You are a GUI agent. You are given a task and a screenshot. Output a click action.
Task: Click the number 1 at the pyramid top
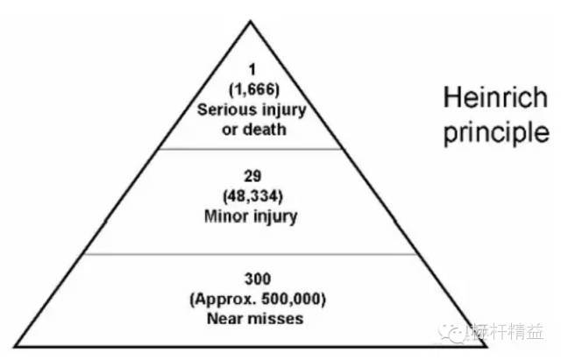(x=252, y=69)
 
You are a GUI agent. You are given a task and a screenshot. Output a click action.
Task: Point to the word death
(x=265, y=129)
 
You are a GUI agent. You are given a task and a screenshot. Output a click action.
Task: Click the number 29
(x=252, y=176)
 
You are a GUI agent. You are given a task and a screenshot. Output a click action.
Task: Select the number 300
(x=258, y=279)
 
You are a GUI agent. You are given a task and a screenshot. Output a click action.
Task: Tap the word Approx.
(x=224, y=300)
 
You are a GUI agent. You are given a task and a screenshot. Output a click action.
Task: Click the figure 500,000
(x=291, y=299)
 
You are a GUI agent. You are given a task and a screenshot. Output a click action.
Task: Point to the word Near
(x=224, y=319)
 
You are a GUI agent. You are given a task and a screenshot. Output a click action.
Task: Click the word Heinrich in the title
(x=496, y=97)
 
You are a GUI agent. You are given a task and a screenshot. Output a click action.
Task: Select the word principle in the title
(x=496, y=133)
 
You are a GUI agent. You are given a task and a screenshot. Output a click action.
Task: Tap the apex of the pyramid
(x=251, y=21)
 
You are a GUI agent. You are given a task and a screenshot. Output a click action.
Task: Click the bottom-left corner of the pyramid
(x=15, y=346)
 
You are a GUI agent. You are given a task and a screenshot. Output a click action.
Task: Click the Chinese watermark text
(x=508, y=332)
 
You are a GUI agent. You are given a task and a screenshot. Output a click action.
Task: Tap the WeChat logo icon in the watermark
(x=452, y=333)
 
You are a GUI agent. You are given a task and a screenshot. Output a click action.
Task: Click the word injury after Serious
(x=284, y=110)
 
